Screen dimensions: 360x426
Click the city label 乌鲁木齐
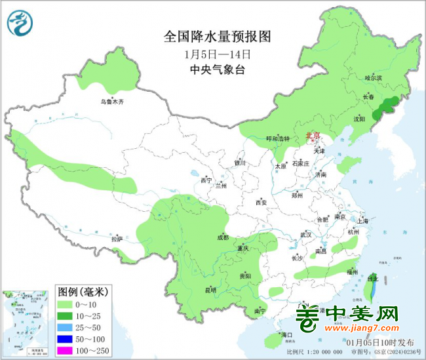[x=111, y=102]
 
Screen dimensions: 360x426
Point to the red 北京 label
[x=314, y=136]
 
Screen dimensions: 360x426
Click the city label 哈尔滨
[x=373, y=77]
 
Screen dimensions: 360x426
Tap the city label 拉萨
[x=117, y=239]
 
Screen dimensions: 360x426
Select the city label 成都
[x=223, y=237]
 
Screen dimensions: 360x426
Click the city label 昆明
[x=210, y=289]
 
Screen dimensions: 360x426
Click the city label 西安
[x=261, y=203]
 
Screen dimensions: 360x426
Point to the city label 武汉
[x=306, y=234]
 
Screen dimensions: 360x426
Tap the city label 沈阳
[x=359, y=119]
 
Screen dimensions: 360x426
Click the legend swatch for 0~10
[x=65, y=305]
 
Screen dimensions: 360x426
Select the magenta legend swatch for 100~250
[x=65, y=352]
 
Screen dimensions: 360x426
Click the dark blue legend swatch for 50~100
[x=65, y=340]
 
